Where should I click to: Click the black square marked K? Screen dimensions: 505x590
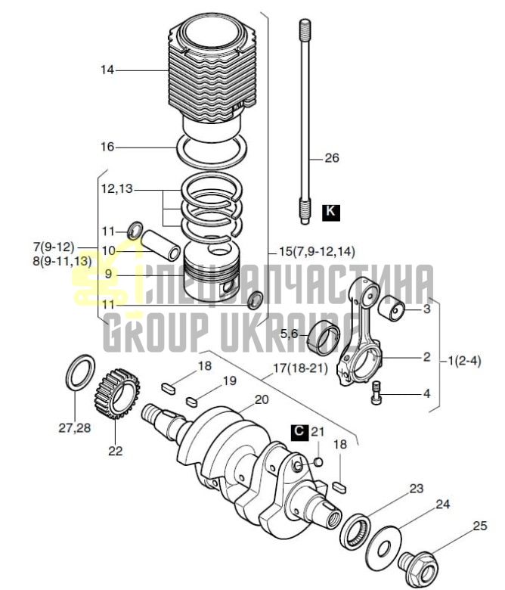pyautogui.click(x=331, y=213)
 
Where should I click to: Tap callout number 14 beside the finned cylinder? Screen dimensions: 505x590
pyautogui.click(x=107, y=70)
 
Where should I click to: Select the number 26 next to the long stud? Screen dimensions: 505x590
pyautogui.click(x=332, y=157)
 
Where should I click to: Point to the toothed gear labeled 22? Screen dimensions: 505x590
pyautogui.click(x=116, y=390)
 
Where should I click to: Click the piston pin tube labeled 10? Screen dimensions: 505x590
pyautogui.click(x=161, y=245)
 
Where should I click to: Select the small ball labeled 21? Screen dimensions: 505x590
pyautogui.click(x=318, y=461)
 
